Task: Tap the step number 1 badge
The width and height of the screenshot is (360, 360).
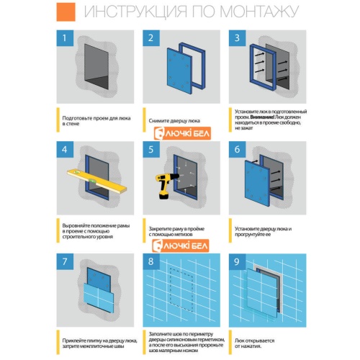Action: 66,40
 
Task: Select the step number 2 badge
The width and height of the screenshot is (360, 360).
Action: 152,40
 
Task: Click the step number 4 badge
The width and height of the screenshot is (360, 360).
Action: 66,150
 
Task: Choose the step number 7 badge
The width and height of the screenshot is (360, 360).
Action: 66,261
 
